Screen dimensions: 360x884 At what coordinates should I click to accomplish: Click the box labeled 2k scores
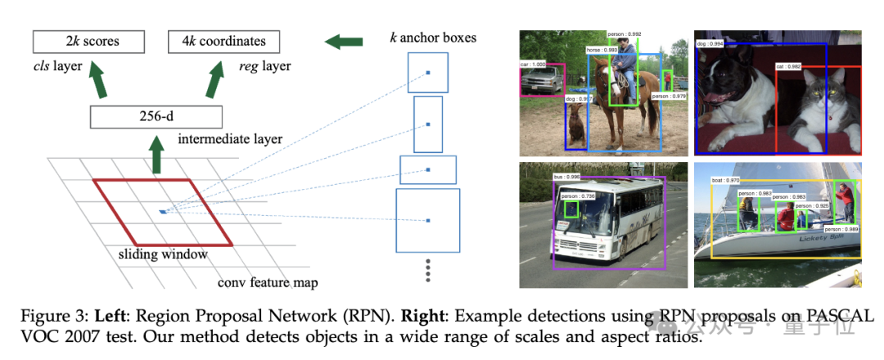(x=88, y=41)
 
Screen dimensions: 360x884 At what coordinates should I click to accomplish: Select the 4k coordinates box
(x=223, y=41)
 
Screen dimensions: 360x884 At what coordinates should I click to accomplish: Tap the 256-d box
(x=156, y=117)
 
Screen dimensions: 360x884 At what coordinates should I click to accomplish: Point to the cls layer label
(x=57, y=65)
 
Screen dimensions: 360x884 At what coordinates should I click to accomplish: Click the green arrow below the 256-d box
(x=156, y=155)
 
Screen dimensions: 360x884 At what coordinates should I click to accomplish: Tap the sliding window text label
(x=173, y=254)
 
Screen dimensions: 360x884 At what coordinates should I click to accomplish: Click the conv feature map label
(x=267, y=283)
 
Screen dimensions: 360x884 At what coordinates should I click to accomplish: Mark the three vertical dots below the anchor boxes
(x=426, y=271)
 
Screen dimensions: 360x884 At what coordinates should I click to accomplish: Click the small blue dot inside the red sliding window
(x=164, y=212)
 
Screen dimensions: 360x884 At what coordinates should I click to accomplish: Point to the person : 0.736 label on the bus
(x=576, y=196)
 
